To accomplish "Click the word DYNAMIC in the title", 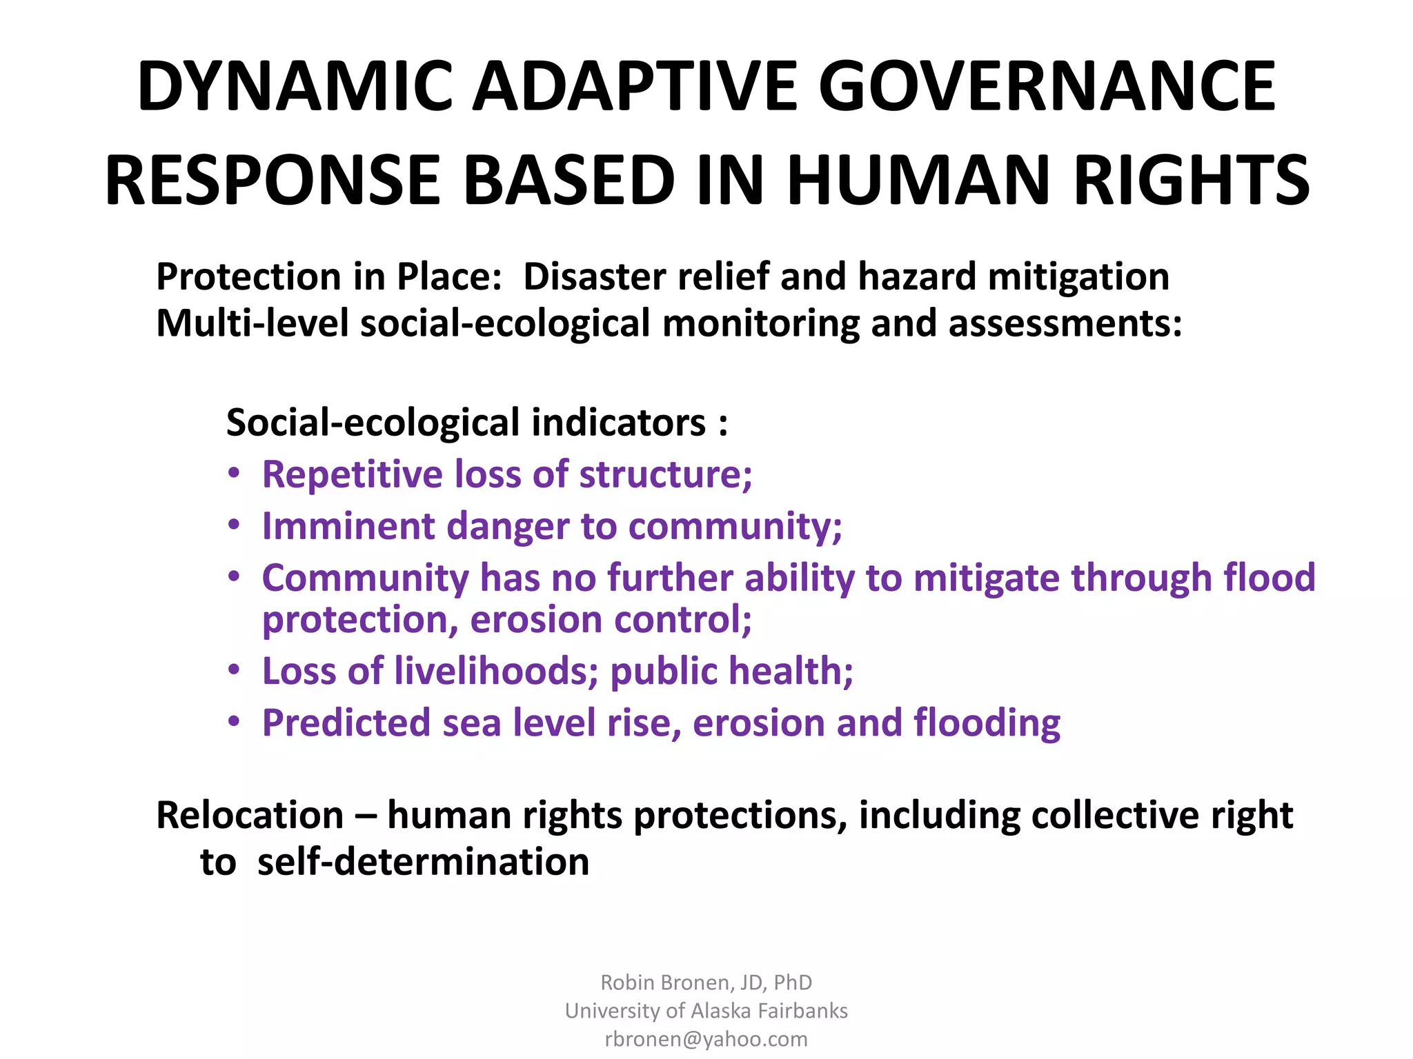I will click(295, 86).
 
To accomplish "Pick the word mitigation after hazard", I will click(1078, 276).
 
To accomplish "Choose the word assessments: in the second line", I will click(1065, 323).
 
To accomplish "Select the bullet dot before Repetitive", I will click(235, 474).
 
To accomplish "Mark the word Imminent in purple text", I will click(348, 526).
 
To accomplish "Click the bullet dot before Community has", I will click(235, 576).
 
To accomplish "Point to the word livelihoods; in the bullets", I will click(496, 671).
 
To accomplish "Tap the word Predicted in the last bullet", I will click(346, 723).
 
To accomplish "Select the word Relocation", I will click(250, 816).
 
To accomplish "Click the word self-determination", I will click(423, 863).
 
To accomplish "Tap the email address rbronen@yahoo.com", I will click(706, 1039).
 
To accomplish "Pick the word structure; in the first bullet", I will click(665, 474).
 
